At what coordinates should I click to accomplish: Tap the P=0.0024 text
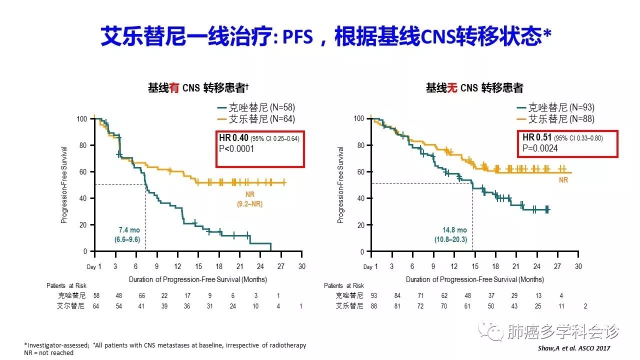(x=540, y=148)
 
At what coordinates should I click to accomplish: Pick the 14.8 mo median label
(x=454, y=230)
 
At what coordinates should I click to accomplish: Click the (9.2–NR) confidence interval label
(x=249, y=204)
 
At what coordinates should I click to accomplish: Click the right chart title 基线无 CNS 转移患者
(x=474, y=88)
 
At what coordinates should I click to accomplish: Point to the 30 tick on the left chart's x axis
(x=301, y=266)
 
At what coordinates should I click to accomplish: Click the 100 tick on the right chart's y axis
(x=358, y=118)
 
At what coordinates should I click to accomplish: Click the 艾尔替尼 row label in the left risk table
(x=70, y=305)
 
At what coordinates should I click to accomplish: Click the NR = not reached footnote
(x=48, y=353)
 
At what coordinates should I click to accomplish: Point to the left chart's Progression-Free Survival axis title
(x=64, y=185)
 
